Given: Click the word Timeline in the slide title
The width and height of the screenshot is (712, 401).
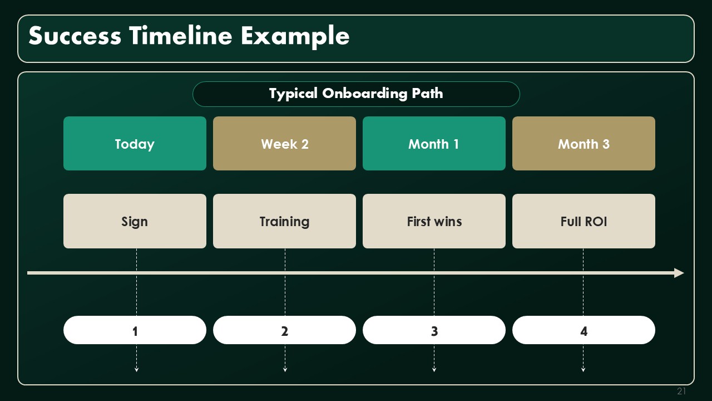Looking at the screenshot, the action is (x=181, y=35).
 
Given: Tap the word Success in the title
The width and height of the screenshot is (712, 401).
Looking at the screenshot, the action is (x=75, y=35).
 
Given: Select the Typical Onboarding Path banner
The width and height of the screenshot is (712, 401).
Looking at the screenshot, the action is (x=356, y=94).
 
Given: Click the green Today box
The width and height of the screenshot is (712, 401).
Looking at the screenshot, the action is (x=135, y=144).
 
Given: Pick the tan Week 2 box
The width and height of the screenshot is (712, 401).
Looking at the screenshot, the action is (x=284, y=144).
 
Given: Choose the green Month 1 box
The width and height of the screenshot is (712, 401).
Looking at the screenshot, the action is (x=434, y=144).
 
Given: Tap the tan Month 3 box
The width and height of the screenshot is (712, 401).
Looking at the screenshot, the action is (x=584, y=144).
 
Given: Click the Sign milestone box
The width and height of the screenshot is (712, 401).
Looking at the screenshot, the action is (x=135, y=221).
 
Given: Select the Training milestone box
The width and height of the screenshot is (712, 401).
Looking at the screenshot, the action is (x=284, y=221).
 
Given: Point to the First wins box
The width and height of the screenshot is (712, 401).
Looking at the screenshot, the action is (x=434, y=221).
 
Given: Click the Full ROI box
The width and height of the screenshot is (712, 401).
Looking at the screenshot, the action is (x=584, y=221).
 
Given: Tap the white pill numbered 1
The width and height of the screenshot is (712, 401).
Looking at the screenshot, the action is (x=135, y=330).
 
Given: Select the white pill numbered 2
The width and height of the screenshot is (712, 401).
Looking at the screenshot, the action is (x=284, y=330).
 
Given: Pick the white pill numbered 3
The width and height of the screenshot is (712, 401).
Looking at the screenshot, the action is (x=434, y=330).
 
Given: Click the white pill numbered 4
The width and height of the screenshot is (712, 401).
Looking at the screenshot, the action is (x=584, y=330).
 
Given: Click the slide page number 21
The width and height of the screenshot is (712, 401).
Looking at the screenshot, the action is (x=681, y=391).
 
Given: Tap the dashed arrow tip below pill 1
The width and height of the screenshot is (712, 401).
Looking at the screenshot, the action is (x=137, y=371).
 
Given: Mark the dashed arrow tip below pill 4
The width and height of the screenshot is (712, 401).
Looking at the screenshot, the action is (x=584, y=371).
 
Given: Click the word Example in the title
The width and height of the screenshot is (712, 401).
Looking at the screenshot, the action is (x=295, y=36).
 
